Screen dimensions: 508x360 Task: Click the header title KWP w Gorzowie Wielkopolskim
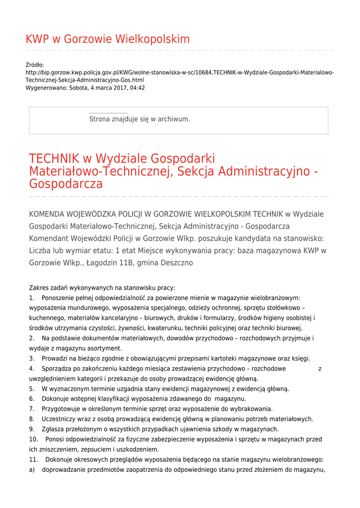point(107,39)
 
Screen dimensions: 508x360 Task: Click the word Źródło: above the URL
point(35,65)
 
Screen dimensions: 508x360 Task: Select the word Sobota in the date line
point(79,88)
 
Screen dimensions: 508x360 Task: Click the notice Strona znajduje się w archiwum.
point(140,119)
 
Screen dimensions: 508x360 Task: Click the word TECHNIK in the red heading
point(54,159)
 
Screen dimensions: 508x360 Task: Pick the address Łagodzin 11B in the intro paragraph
point(108,263)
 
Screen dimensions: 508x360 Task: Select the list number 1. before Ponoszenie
point(32,298)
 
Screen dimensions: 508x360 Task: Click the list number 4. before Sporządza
point(32,369)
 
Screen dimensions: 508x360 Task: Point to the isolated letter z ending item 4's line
point(320,369)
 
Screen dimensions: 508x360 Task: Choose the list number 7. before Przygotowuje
point(32,409)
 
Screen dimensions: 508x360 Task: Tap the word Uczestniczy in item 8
point(59,419)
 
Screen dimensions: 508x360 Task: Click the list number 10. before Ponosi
point(33,439)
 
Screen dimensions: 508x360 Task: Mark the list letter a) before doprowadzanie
point(32,470)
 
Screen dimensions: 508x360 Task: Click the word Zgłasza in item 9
point(54,429)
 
